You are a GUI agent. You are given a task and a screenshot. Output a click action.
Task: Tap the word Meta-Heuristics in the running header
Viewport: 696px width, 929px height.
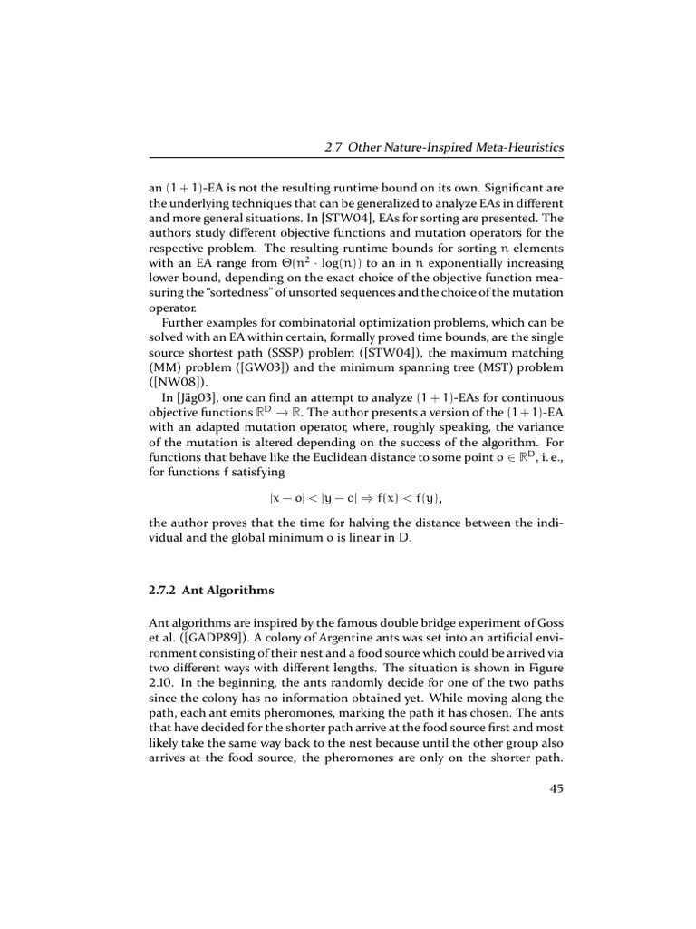click(519, 147)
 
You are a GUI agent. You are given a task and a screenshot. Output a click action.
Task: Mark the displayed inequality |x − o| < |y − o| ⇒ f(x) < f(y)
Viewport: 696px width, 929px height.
click(355, 497)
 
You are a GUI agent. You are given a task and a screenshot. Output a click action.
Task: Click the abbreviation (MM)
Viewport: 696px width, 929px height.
click(164, 367)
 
